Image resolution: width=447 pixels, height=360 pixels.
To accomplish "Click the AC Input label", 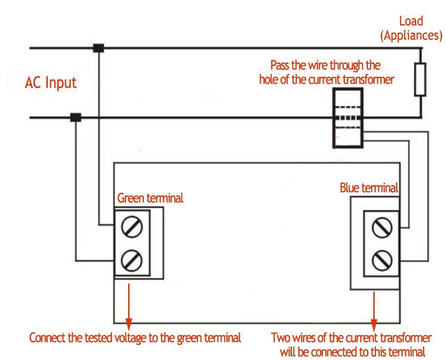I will coord(50,83).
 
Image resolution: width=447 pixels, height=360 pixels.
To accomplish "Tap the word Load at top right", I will coord(411,21).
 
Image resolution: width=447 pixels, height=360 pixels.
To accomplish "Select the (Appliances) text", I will coord(411,35).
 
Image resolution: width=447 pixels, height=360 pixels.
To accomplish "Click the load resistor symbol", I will coord(420,79).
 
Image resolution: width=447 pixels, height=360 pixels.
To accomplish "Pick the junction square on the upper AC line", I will coord(98,48).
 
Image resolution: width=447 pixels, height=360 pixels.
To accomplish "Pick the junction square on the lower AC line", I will coord(75,117).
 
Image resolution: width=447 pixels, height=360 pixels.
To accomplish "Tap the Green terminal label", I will coord(150,198).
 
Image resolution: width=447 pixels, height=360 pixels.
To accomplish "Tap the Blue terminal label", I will coord(369,188).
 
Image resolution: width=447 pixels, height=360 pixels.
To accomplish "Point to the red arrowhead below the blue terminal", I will coord(374,322).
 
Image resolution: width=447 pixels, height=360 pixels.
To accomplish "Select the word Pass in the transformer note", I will coord(280,66).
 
